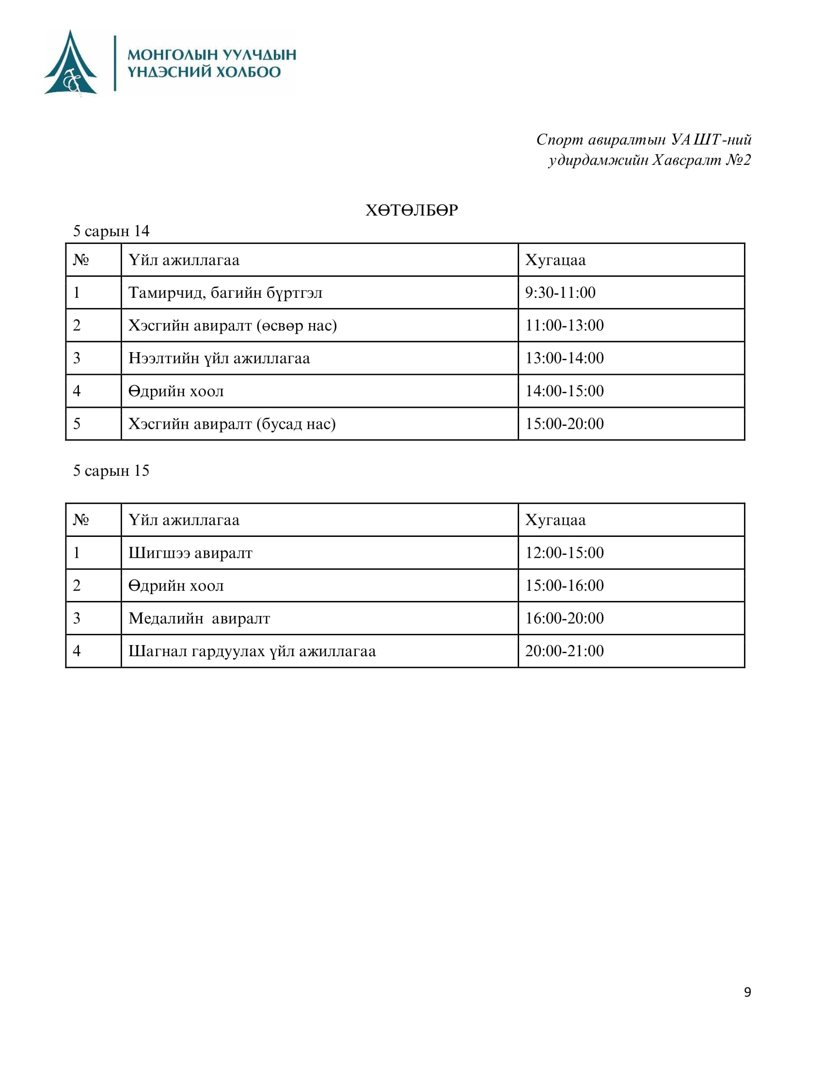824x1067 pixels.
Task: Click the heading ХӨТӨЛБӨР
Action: pyautogui.click(x=412, y=210)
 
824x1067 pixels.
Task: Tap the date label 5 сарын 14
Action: pyautogui.click(x=111, y=231)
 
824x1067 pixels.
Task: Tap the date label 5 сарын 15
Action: pyautogui.click(x=111, y=470)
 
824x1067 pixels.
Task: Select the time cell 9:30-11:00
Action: pyautogui.click(x=560, y=292)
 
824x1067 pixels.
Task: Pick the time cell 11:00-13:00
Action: pyautogui.click(x=564, y=325)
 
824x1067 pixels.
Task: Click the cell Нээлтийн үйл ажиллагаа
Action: pyautogui.click(x=219, y=358)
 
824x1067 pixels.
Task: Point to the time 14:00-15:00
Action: pyautogui.click(x=564, y=391)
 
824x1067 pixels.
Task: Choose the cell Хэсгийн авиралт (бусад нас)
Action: pyautogui.click(x=232, y=423)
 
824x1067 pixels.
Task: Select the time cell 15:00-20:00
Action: pyautogui.click(x=564, y=423)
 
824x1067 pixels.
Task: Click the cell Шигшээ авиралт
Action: pyautogui.click(x=190, y=553)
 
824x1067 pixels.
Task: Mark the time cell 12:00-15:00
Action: pyautogui.click(x=564, y=553)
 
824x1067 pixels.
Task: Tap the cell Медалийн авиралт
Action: pyautogui.click(x=199, y=618)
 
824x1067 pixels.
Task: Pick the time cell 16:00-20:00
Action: pyautogui.click(x=564, y=618)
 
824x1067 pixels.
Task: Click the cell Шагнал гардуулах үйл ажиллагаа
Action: pyautogui.click(x=252, y=651)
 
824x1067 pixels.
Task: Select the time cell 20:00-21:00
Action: pyautogui.click(x=564, y=651)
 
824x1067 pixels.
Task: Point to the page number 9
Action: pyautogui.click(x=747, y=992)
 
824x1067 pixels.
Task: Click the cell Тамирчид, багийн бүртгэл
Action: pyautogui.click(x=225, y=292)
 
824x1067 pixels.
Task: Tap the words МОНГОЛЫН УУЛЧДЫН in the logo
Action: pyautogui.click(x=212, y=54)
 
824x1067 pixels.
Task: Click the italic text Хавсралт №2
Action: pyautogui.click(x=701, y=160)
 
